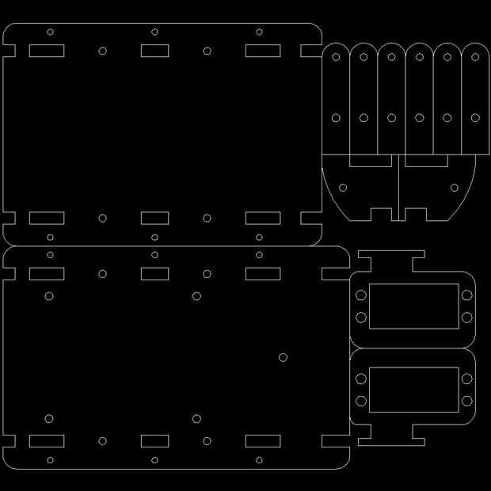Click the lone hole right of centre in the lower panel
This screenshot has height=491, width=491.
(283, 357)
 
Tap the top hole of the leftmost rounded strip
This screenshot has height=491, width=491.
(336, 56)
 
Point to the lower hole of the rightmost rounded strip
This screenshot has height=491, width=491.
(475, 118)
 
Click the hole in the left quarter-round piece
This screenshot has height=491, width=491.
(343, 188)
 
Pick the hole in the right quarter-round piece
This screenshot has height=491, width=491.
(455, 188)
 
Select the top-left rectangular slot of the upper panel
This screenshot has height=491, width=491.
(47, 51)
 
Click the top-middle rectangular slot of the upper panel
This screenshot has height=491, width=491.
(154, 51)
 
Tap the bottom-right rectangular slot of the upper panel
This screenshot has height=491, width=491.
(262, 218)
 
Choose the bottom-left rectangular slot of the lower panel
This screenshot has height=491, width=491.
(47, 441)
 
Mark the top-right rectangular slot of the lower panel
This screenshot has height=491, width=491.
(262, 274)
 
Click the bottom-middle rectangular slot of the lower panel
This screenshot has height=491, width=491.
(154, 441)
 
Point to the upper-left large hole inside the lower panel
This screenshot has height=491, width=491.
(49, 296)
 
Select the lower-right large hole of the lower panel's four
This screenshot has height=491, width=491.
(196, 419)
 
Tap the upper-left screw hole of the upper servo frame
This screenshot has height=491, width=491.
(361, 295)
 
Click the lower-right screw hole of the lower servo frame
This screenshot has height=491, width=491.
(466, 401)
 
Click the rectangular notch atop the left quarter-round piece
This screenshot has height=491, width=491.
(370, 161)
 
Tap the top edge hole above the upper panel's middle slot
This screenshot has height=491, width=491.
(154, 32)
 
